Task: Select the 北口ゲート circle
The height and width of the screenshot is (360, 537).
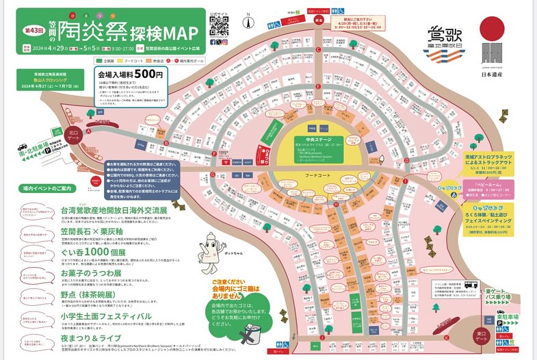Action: tap(74, 133)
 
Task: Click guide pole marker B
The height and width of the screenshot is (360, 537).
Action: tap(166, 142)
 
